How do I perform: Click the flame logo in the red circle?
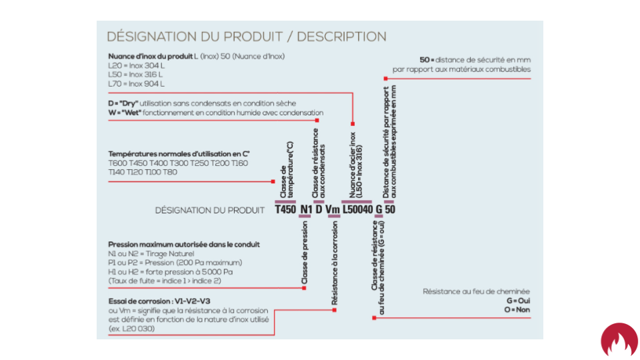[619, 339]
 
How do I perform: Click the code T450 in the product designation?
[285, 209]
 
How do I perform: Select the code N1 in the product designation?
[306, 209]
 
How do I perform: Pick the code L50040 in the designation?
[357, 209]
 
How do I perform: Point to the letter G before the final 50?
[379, 209]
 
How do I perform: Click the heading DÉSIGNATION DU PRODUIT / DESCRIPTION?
[246, 36]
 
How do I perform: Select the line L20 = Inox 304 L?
[136, 66]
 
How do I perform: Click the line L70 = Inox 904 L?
[136, 84]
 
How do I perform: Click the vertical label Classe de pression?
[305, 253]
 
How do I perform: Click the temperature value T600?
[117, 163]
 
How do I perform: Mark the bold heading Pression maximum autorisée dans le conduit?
[184, 245]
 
